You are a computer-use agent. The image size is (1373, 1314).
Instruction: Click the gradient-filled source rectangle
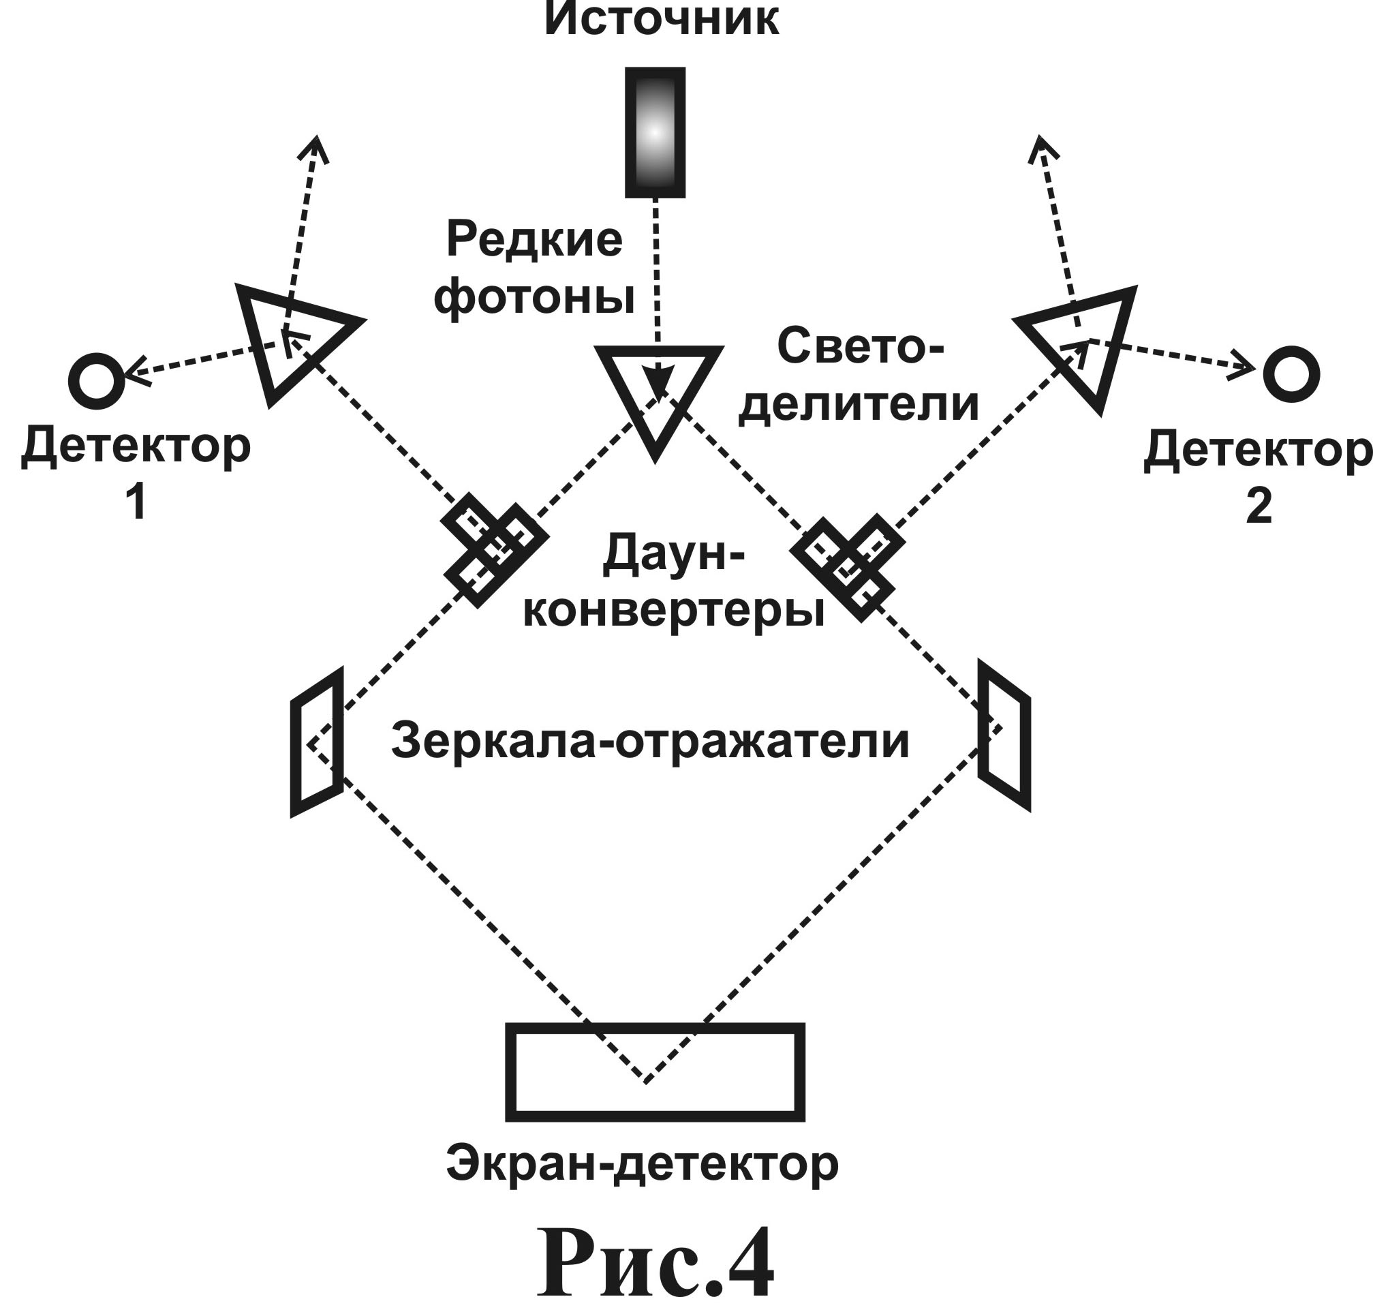point(654,132)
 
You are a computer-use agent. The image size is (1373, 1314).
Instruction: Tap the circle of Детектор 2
point(1291,374)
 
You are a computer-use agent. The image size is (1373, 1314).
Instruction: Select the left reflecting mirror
point(316,742)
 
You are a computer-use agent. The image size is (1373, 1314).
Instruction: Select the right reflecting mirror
point(1004,735)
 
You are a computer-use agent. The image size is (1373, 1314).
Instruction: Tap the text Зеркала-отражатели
point(650,742)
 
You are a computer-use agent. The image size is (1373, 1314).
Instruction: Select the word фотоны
point(534,298)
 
